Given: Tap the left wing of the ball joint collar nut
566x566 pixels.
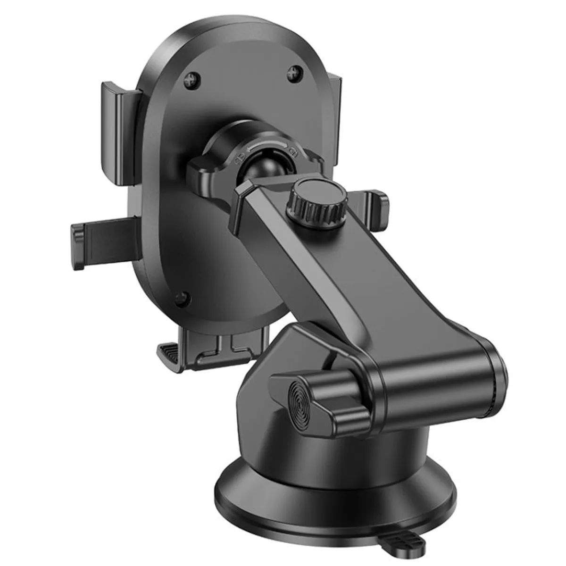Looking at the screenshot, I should click(x=203, y=171).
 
